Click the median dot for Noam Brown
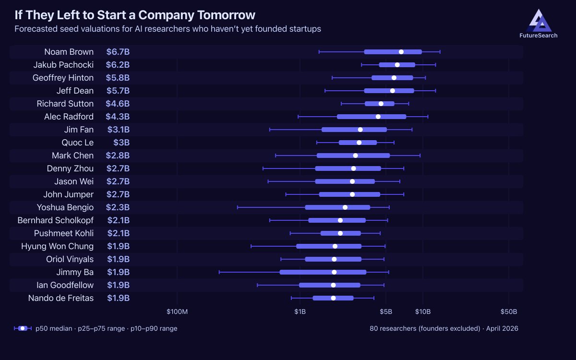(401, 52)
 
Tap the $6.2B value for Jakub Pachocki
(118, 65)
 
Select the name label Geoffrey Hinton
(63, 78)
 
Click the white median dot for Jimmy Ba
(334, 272)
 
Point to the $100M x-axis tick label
(177, 312)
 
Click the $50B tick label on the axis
(509, 312)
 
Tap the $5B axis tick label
(386, 312)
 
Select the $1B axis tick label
(300, 312)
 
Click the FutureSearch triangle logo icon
(538, 20)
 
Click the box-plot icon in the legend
(23, 328)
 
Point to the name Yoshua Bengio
(65, 207)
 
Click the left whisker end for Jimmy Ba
(219, 272)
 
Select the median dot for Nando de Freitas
(333, 298)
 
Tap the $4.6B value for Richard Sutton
(118, 104)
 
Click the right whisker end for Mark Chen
(420, 156)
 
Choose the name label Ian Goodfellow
(65, 285)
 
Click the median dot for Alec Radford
(378, 117)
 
